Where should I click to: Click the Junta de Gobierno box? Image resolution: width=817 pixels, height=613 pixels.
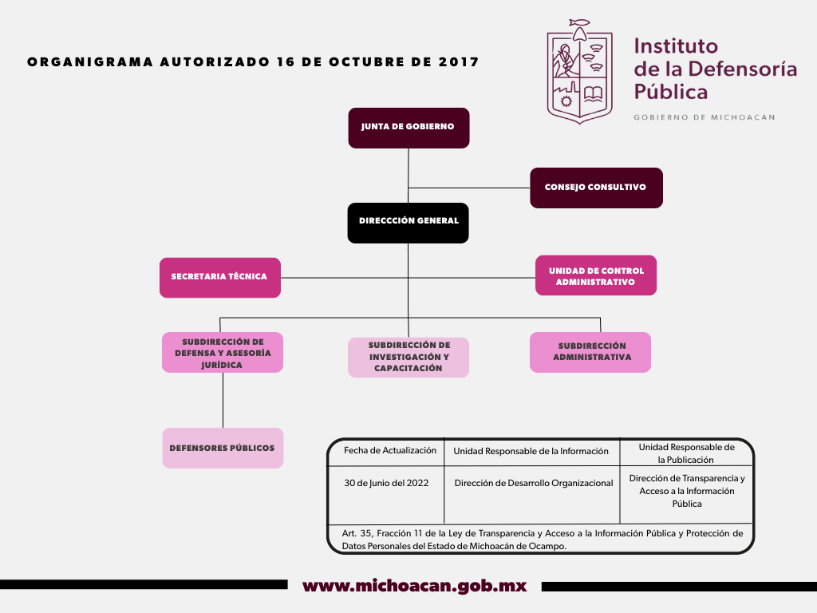(x=408, y=129)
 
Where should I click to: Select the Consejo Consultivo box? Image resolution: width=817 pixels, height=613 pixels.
(x=596, y=188)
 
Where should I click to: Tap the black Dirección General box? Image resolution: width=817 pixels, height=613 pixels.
(x=408, y=223)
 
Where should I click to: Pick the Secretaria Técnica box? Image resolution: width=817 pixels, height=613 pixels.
(x=220, y=277)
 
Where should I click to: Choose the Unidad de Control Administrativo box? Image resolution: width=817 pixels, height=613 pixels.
(x=595, y=275)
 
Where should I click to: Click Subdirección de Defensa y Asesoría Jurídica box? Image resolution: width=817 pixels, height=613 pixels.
(x=223, y=352)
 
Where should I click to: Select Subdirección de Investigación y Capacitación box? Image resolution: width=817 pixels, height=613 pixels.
(x=408, y=357)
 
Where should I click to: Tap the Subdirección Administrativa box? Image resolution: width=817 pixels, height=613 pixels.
(x=590, y=352)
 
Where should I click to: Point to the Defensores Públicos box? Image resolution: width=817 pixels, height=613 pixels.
(x=223, y=448)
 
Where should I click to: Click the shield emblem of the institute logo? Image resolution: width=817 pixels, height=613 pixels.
(x=579, y=72)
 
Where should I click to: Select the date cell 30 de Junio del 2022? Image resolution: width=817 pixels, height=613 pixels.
(x=386, y=483)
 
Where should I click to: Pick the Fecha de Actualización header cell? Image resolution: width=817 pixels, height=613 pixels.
(x=390, y=450)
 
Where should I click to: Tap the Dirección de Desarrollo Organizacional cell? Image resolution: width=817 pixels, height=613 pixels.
(x=534, y=483)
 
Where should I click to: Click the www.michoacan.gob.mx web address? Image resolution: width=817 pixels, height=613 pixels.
(x=415, y=586)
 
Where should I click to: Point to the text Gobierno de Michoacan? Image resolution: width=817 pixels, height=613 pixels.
(x=705, y=117)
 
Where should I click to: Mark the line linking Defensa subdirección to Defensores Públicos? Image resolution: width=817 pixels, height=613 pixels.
(x=223, y=401)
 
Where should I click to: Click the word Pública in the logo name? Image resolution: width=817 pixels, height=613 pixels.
(x=670, y=93)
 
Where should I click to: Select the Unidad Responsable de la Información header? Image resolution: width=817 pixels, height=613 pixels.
(x=531, y=451)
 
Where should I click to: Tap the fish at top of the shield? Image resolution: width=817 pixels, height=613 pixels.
(x=579, y=22)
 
